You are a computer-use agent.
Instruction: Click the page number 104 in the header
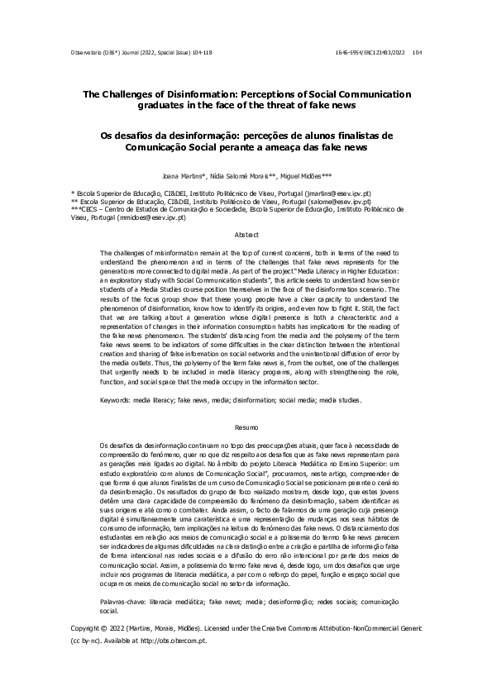(416, 52)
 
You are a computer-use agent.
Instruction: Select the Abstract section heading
(246, 236)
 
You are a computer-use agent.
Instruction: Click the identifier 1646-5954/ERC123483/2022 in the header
(371, 52)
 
